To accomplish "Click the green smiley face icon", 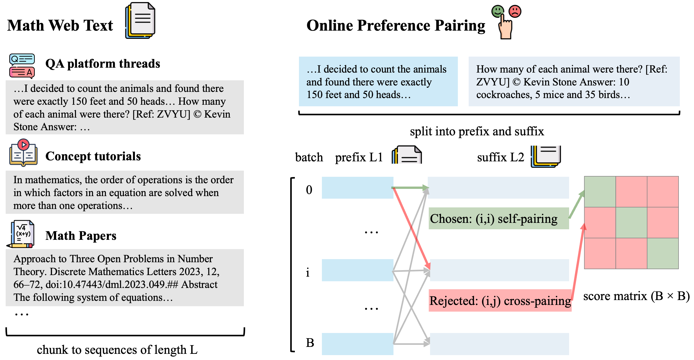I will click(497, 11).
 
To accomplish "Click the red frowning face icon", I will click(515, 11).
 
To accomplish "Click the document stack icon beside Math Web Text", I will click(140, 21).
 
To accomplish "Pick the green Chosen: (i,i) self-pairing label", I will click(498, 218).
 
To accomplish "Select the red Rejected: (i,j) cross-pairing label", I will click(500, 301).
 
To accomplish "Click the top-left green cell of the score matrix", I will click(600, 192).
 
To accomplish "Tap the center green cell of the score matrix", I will click(631, 222).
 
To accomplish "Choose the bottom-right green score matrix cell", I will click(663, 253).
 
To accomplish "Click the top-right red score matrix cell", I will click(663, 192).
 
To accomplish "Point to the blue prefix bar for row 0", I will click(357, 188).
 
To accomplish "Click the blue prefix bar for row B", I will click(357, 344).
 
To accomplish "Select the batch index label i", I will click(308, 273).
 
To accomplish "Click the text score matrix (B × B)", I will click(636, 296).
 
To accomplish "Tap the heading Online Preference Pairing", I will click(396, 25).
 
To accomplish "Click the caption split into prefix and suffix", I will click(477, 131).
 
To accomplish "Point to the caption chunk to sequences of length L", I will click(117, 349).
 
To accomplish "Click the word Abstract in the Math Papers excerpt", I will click(199, 285).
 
